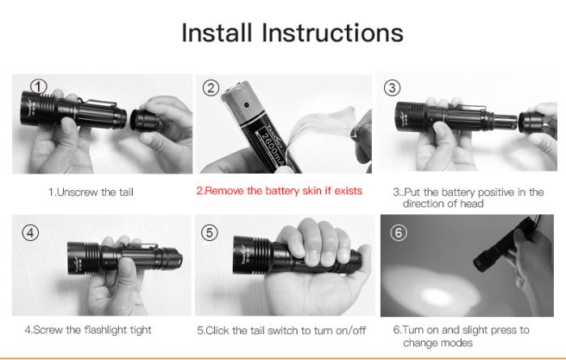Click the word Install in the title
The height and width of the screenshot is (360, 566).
[217, 32]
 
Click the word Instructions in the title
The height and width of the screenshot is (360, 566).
[332, 32]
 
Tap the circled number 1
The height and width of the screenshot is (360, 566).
[39, 87]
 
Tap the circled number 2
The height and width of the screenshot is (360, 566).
[211, 88]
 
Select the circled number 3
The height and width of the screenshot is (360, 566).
[392, 87]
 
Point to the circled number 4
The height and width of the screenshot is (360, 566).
[31, 233]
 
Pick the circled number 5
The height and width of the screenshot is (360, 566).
[209, 233]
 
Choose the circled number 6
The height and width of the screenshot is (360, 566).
[399, 232]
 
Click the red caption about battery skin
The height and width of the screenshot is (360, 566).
[279, 191]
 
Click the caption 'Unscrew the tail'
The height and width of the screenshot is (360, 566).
[91, 192]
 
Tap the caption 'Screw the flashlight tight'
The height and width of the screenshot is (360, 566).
[88, 330]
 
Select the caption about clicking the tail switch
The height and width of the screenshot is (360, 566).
[281, 330]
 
